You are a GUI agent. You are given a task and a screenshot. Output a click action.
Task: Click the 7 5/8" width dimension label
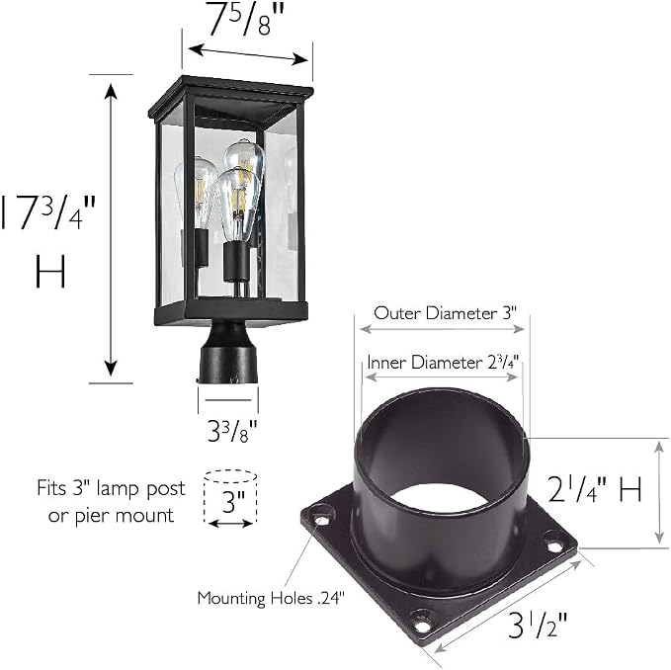(246, 19)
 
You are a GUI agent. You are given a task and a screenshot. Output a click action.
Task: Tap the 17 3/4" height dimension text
(47, 212)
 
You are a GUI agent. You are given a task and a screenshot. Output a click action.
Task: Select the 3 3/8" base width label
(232, 431)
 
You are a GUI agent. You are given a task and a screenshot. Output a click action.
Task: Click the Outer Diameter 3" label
(446, 313)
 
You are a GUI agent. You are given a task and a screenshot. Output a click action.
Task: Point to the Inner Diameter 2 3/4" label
(445, 363)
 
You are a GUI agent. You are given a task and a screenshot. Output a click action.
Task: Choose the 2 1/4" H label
(595, 489)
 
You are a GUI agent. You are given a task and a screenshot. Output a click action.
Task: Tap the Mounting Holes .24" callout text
(271, 598)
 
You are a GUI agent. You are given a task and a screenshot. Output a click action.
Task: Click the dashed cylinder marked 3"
(230, 497)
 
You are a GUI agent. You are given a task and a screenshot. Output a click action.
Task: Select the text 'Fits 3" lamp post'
(112, 488)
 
